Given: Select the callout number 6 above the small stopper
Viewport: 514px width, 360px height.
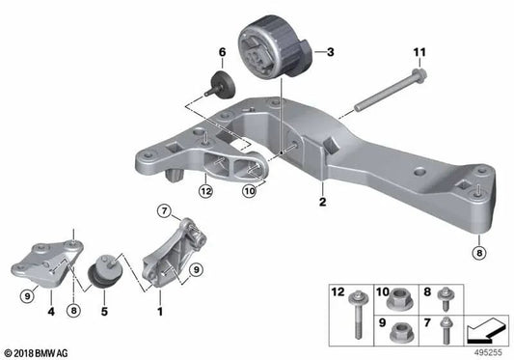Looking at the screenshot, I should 221,51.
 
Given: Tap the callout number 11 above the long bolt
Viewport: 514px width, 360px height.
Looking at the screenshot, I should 419,51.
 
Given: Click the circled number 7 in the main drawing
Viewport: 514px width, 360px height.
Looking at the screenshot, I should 165,210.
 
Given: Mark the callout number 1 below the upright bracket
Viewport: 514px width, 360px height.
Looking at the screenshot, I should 160,312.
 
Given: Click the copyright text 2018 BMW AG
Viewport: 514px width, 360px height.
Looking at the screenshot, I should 36,352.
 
